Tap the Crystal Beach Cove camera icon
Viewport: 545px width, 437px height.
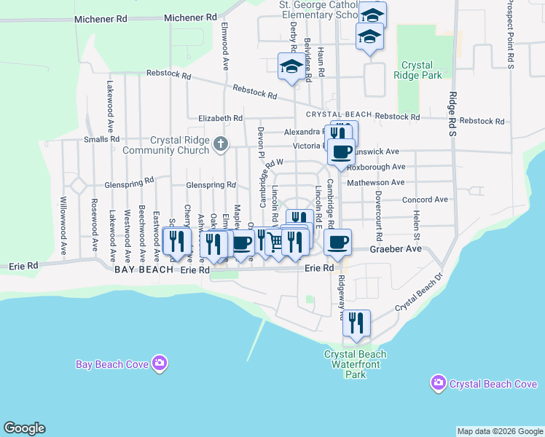click(x=438, y=383)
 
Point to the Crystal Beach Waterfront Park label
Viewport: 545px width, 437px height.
click(x=355, y=364)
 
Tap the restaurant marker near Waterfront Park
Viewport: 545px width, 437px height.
click(x=356, y=323)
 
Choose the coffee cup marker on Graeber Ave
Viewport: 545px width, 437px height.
click(x=337, y=242)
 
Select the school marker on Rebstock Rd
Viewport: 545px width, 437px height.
click(x=291, y=67)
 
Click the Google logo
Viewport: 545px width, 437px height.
click(x=24, y=428)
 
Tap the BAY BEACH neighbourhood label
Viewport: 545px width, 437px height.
click(x=144, y=269)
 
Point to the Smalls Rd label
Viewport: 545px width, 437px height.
click(x=101, y=139)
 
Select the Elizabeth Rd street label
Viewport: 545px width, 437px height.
click(x=220, y=118)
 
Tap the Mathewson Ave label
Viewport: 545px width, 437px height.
click(x=376, y=183)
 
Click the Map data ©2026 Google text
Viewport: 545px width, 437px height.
click(x=499, y=431)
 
